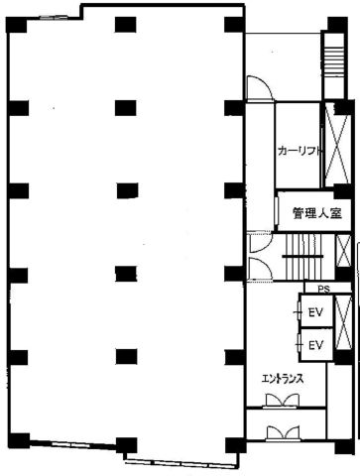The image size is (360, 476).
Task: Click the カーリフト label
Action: pyautogui.click(x=300, y=151)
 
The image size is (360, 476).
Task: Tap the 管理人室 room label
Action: pyautogui.click(x=317, y=213)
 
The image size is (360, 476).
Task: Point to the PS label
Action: pyautogui.click(x=324, y=290)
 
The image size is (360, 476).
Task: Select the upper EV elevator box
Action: pyautogui.click(x=315, y=311)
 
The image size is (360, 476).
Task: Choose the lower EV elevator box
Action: pyautogui.click(x=315, y=345)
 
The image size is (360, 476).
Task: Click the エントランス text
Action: pyautogui.click(x=283, y=379)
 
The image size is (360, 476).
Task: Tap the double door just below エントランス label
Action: pyautogui.click(x=282, y=401)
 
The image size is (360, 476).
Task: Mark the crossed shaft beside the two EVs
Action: pyautogui.click(x=343, y=322)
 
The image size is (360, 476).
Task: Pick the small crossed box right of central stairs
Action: pyautogui.click(x=344, y=251)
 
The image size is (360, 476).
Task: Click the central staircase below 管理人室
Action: pyautogui.click(x=302, y=256)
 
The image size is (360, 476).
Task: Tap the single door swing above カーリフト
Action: pyautogui.click(x=259, y=87)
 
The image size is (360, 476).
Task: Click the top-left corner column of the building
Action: pyautogui.click(x=16, y=25)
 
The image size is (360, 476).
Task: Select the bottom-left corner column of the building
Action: pyautogui.click(x=19, y=440)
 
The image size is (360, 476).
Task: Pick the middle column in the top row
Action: pyautogui.click(x=125, y=25)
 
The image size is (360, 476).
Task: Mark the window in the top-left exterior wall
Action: pyautogui.click(x=51, y=17)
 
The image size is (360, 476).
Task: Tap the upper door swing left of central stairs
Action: pyautogui.click(x=260, y=243)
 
